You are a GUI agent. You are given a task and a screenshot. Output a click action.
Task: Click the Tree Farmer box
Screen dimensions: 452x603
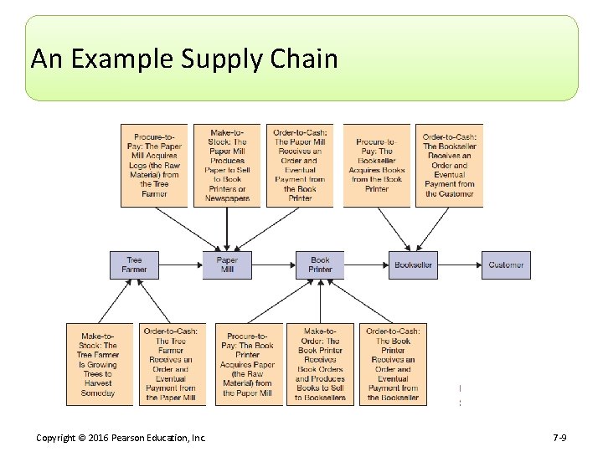point(134,265)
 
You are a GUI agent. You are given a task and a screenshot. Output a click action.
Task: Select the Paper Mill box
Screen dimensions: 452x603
point(227,265)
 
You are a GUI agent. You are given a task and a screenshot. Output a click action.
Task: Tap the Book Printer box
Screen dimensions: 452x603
point(320,265)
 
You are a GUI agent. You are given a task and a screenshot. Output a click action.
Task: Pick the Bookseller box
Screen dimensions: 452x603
point(413,265)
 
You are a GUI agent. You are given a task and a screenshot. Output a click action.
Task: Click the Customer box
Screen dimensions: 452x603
point(506,265)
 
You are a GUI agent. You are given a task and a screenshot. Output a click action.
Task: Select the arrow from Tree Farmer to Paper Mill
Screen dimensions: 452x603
point(180,265)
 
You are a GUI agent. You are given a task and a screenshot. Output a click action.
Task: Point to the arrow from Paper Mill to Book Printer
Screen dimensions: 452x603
point(274,265)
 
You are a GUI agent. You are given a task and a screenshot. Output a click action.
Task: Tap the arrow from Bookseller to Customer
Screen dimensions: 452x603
point(460,265)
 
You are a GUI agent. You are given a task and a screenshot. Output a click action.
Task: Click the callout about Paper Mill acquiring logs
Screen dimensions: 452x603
point(154,166)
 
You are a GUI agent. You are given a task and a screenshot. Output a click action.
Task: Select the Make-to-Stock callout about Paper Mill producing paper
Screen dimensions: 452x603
point(227,166)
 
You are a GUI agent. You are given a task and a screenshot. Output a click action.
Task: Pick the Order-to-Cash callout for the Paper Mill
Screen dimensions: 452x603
point(300,166)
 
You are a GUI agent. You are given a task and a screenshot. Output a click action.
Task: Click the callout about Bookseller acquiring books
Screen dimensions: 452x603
point(377,166)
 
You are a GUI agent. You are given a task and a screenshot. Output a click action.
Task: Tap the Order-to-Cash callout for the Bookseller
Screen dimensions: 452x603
point(450,166)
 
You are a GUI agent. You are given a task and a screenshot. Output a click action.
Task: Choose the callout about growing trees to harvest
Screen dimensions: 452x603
point(99,364)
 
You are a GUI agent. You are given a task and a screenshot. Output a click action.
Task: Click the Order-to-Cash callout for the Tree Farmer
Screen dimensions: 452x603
point(171,364)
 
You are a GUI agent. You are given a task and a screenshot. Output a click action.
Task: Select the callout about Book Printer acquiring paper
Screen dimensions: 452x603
point(247,364)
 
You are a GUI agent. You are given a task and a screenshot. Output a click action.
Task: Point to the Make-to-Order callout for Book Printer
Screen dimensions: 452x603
point(320,364)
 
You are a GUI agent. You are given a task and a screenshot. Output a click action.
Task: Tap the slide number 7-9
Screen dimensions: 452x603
point(560,438)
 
